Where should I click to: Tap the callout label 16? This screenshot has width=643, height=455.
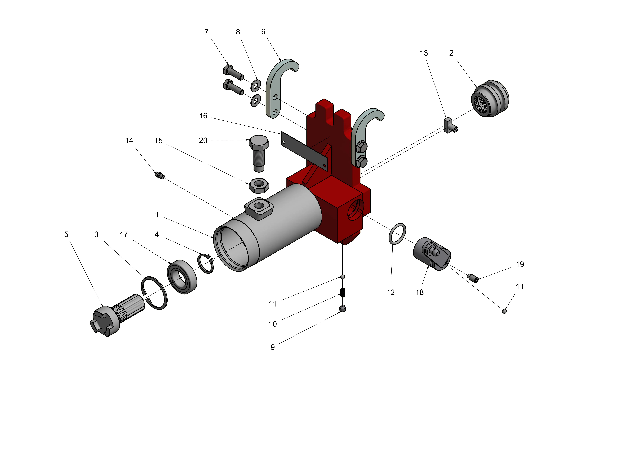[x=203, y=116]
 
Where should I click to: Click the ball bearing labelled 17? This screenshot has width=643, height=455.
[x=182, y=277]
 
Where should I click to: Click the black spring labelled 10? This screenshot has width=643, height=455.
[x=342, y=292]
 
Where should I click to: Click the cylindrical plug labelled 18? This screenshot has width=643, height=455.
[x=432, y=254]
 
